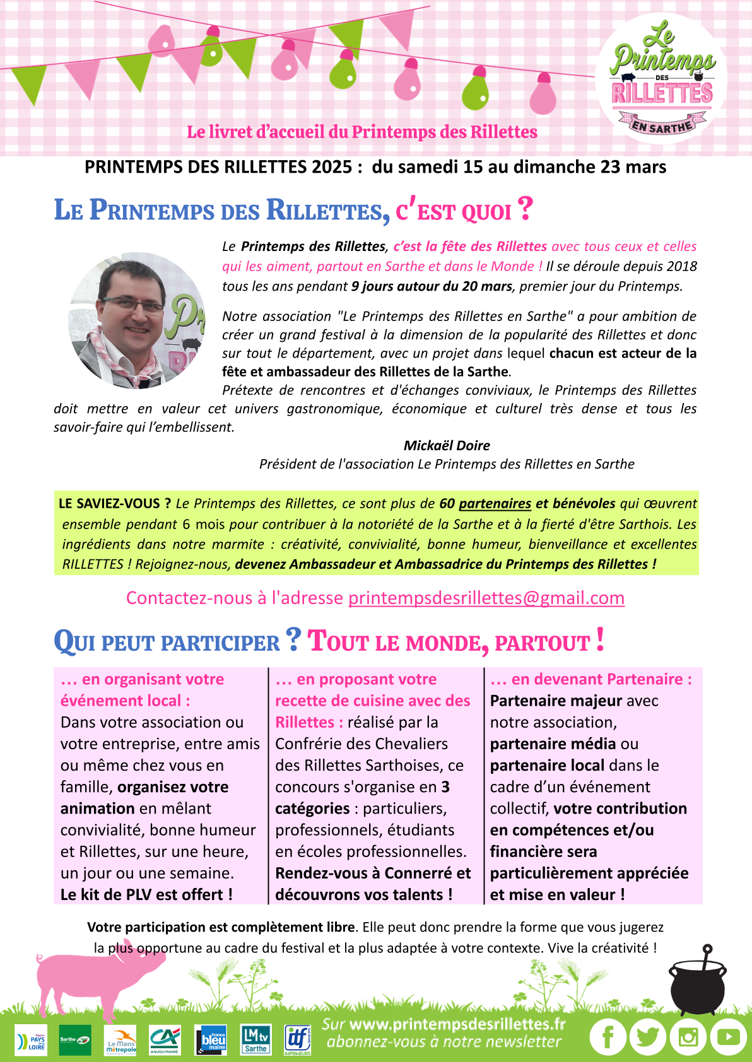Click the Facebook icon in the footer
click(608, 1037)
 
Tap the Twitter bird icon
click(648, 1037)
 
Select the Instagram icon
click(688, 1037)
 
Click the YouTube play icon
click(728, 1037)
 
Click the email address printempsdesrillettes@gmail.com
click(486, 598)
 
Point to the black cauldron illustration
click(697, 984)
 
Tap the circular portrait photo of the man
click(137, 320)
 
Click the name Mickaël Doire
click(447, 445)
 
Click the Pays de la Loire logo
click(31, 1040)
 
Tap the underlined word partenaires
click(495, 503)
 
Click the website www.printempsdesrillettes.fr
click(457, 1024)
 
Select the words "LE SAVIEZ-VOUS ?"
click(115, 503)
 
